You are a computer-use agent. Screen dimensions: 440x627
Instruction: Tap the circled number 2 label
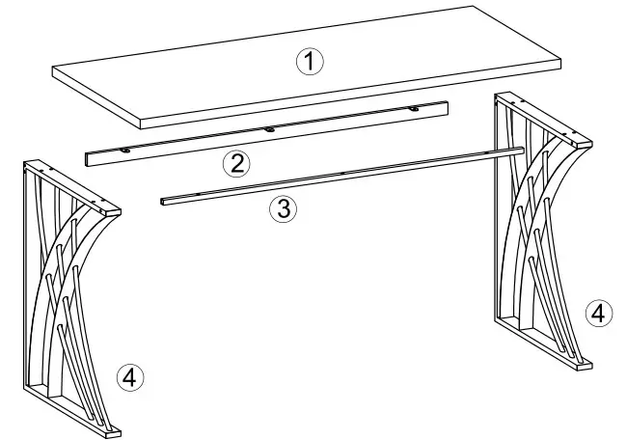(x=234, y=162)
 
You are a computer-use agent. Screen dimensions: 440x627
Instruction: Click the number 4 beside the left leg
(x=130, y=377)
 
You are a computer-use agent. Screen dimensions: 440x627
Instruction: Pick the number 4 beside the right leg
(x=598, y=313)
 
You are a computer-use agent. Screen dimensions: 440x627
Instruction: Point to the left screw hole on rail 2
(x=126, y=151)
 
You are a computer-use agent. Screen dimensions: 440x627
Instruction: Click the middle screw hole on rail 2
(x=269, y=127)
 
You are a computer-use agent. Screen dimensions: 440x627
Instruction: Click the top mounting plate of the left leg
(x=72, y=187)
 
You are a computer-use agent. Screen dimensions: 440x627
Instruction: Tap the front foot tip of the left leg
(x=115, y=430)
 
